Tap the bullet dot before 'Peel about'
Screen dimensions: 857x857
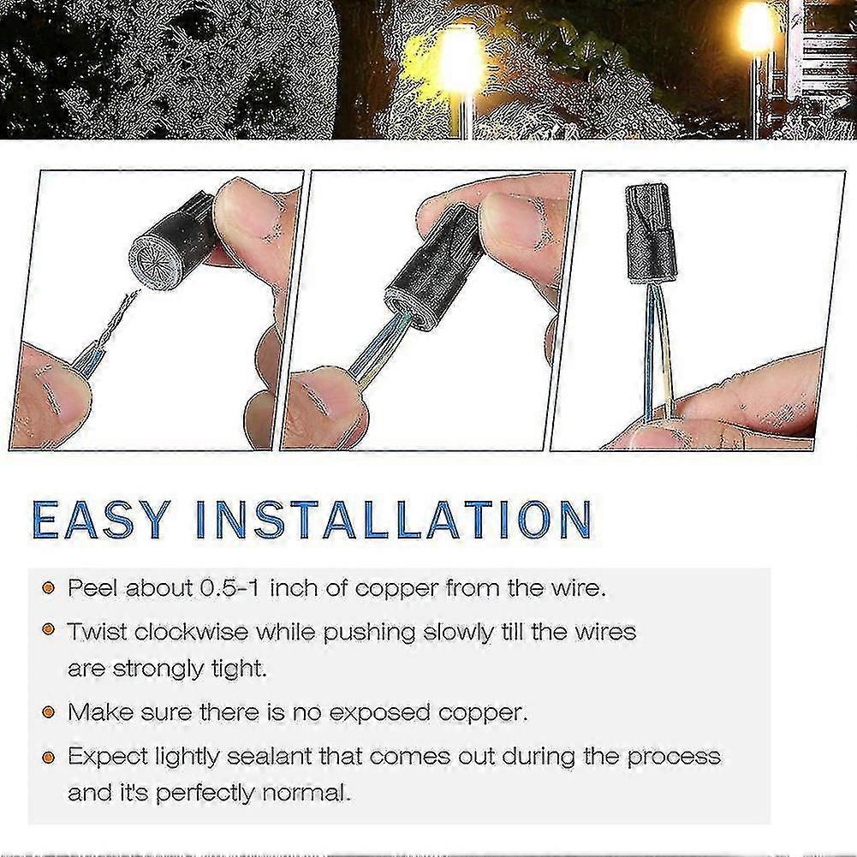[50, 588]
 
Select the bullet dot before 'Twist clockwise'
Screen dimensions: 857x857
[50, 632]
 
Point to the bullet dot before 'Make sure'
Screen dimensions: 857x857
[50, 711]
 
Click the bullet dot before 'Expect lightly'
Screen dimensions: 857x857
[50, 756]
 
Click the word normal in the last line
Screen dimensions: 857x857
[311, 793]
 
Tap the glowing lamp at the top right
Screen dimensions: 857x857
[755, 30]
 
